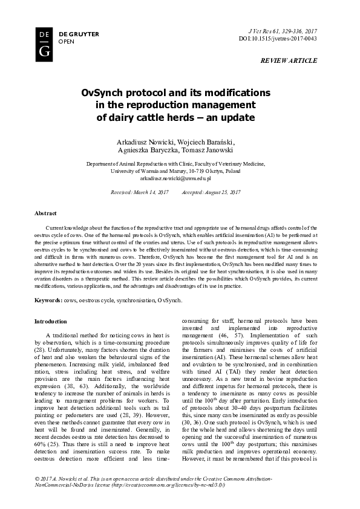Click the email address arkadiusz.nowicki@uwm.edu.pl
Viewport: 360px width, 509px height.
175,178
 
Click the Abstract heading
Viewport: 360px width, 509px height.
46,214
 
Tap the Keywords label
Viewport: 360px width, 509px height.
48,300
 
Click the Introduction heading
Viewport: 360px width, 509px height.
51,321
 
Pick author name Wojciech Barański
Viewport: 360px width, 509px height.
209,141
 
